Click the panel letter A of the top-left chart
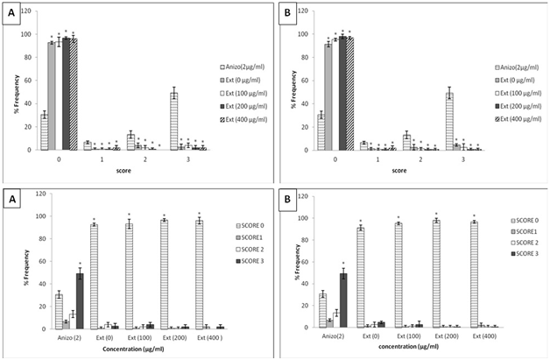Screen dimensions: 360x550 tap(11, 17)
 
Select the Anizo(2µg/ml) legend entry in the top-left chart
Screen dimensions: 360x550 tap(239, 66)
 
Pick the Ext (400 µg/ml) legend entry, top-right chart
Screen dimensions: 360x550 tap(512, 120)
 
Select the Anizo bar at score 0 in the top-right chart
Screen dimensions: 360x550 tap(321, 131)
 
